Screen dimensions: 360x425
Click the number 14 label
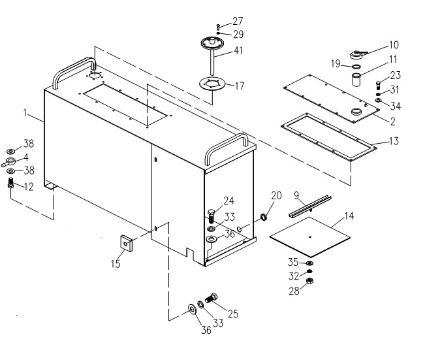point(351,214)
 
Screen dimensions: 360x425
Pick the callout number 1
point(25,113)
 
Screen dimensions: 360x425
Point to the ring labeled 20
point(264,216)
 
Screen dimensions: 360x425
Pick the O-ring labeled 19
point(356,66)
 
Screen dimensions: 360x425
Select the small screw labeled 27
point(217,27)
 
